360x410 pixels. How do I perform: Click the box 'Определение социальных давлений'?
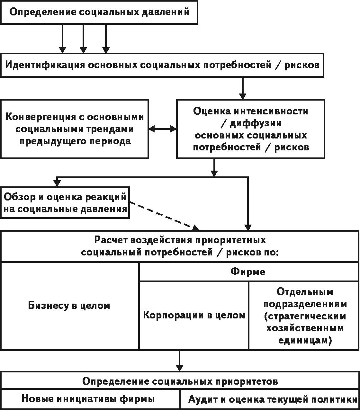coord(99,12)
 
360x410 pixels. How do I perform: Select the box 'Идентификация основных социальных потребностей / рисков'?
coord(162,65)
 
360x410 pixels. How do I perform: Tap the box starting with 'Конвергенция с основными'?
coord(75,129)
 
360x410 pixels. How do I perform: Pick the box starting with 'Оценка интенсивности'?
coord(251,129)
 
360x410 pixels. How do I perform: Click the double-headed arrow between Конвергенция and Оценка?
coord(163,129)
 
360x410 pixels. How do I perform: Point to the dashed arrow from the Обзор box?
coord(164,216)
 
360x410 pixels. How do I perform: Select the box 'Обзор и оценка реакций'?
coord(65,203)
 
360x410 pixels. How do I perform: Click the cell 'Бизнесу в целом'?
coord(70,306)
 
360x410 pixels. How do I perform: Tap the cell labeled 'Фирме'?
coord(249,272)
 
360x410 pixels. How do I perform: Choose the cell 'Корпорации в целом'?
coord(194,315)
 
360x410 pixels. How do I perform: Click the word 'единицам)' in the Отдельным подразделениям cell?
coord(305,340)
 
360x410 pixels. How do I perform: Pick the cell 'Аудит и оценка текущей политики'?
coord(269,399)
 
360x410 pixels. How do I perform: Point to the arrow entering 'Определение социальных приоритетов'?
coord(180,361)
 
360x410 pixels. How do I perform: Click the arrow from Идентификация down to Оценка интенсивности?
coord(243,88)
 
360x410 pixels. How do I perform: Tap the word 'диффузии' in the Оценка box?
coord(256,123)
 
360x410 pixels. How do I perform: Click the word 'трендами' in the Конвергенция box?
coord(110,129)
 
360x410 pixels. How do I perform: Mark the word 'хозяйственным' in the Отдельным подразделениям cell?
coord(305,328)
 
